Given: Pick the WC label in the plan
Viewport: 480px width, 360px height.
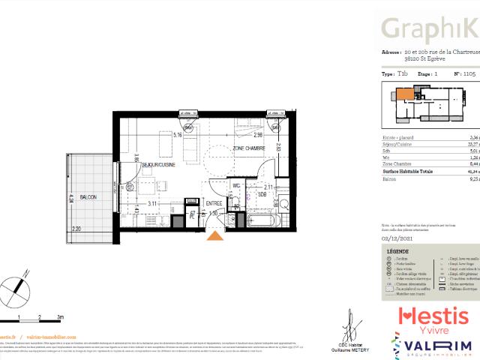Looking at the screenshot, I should point(235,185).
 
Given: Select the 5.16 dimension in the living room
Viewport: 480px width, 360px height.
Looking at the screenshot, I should point(178,136).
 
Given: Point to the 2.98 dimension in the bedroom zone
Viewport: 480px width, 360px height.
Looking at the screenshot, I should point(256,136).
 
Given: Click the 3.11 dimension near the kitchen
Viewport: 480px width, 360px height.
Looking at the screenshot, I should point(151,202).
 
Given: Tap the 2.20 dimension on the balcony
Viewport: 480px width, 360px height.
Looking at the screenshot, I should point(76,229).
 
